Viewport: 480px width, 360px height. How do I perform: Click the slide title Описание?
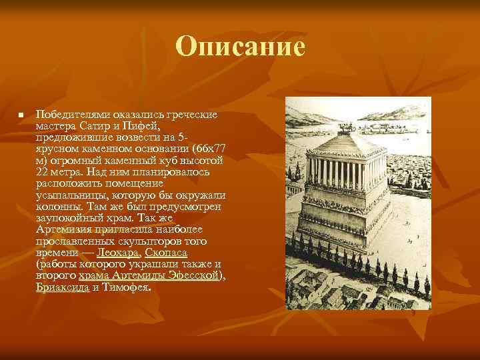241,47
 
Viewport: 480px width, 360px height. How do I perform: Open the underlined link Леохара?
117,253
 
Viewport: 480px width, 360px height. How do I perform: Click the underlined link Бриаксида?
62,287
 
